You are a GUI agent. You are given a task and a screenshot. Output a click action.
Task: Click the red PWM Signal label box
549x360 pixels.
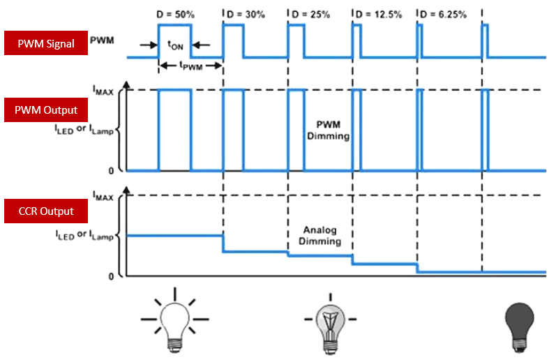[46, 43]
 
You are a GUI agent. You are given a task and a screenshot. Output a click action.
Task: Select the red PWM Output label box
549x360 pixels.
[46, 110]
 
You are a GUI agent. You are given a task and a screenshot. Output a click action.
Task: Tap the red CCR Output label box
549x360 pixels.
[46, 211]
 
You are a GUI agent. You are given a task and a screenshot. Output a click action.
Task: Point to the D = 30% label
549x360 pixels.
[245, 15]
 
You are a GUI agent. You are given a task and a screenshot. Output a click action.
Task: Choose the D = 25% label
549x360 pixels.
[310, 15]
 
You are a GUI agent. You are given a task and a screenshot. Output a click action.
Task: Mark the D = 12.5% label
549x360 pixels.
[377, 15]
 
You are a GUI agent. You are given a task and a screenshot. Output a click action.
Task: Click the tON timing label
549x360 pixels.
[175, 45]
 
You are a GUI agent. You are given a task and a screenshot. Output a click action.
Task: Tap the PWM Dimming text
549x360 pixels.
[328, 130]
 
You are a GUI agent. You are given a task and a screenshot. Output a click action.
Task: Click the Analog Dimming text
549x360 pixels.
[321, 236]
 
